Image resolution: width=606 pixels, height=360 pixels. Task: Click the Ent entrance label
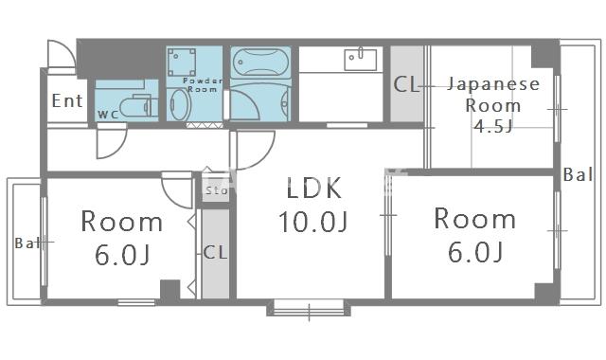(x=67, y=100)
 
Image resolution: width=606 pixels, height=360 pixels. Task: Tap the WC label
(x=108, y=115)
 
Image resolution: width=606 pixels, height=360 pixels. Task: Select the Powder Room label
(x=202, y=85)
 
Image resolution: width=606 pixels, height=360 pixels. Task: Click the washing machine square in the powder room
(x=181, y=63)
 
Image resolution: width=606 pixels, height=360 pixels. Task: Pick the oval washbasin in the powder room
(x=181, y=103)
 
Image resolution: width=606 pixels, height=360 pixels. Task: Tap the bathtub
(x=259, y=63)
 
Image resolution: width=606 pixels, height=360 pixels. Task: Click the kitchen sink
(x=361, y=59)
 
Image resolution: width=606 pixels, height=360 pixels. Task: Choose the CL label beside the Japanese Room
(x=406, y=84)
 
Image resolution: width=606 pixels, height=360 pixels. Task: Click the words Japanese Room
(x=492, y=95)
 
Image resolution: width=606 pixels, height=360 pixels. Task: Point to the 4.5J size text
(x=493, y=127)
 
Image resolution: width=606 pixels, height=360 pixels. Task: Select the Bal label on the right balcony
(x=577, y=174)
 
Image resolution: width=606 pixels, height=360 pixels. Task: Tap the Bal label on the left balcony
(x=27, y=243)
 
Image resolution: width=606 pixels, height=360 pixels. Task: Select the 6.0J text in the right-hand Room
(x=474, y=252)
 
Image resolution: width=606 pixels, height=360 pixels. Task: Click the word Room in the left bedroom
(x=121, y=223)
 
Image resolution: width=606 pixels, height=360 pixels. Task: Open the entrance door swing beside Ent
(x=60, y=55)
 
